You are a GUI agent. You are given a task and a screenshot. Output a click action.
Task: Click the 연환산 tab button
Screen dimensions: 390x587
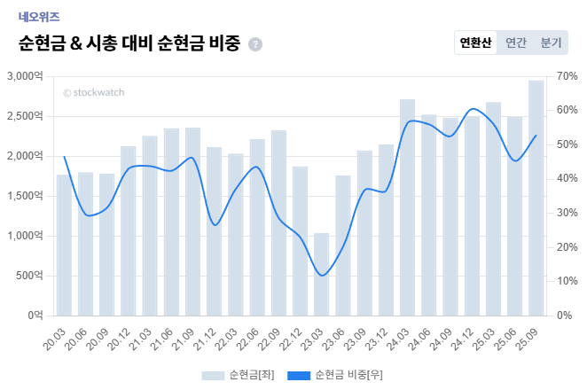pos(475,43)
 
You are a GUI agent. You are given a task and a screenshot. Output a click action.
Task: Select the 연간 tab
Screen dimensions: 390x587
pos(516,43)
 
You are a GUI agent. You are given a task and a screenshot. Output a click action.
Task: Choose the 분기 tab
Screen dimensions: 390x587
pos(551,43)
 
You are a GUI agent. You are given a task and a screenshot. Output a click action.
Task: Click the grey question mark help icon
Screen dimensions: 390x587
pos(255,44)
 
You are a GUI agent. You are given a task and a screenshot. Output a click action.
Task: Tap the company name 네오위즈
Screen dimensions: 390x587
pos(38,16)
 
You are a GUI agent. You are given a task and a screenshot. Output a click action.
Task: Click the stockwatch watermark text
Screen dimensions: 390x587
pos(93,92)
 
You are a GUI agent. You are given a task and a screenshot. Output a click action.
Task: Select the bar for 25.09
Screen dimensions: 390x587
pos(536,198)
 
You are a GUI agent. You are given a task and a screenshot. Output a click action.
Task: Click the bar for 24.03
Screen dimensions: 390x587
pos(407,207)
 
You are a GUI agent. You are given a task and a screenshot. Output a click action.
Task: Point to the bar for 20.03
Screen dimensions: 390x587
pos(64,245)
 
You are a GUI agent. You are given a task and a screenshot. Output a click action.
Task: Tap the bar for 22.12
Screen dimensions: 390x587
pos(300,240)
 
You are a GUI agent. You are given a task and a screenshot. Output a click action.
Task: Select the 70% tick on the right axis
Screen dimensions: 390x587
pos(568,76)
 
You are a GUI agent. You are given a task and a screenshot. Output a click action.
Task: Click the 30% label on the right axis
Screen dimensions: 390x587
pos(568,213)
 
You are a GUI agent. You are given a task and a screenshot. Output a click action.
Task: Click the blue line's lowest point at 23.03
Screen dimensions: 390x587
pos(322,276)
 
